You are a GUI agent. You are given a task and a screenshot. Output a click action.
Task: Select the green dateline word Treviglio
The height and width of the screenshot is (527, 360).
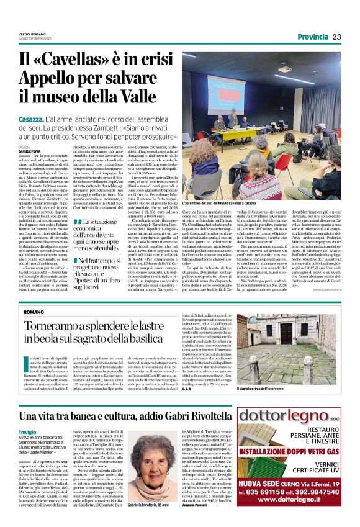click(27, 432)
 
